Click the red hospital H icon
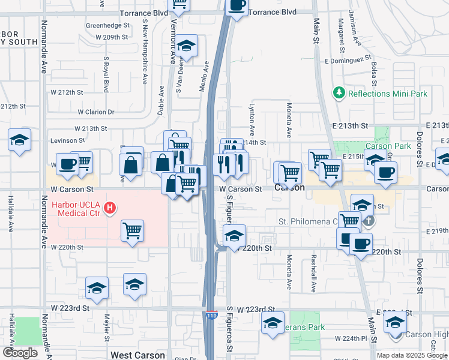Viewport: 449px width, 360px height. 109,208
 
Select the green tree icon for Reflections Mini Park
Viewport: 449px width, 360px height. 339,94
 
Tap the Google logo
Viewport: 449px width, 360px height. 20,353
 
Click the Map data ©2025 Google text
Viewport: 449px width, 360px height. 412,355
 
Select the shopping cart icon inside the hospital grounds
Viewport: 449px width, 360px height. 132,230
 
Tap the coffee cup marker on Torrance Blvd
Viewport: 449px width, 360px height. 237,5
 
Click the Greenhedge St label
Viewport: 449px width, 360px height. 107,26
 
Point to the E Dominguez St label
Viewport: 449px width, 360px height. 349,61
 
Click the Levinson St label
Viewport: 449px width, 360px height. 67,140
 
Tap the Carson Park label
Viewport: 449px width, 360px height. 388,146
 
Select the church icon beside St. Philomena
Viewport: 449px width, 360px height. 369,221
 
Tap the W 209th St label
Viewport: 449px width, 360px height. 112,37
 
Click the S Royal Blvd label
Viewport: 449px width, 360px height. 106,74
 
